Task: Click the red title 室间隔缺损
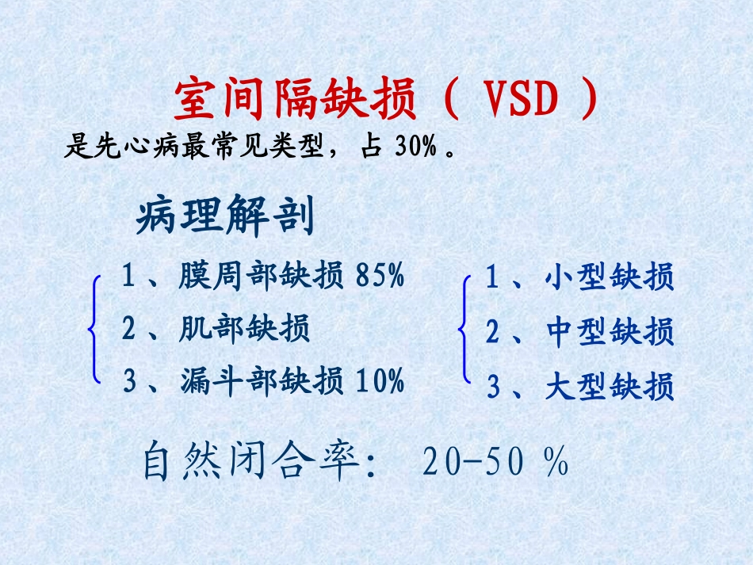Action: coord(295,101)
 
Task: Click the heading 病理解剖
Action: coord(225,216)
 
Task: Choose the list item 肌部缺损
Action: coord(244,328)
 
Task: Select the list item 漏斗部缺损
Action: coord(262,381)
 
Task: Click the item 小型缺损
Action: coord(610,278)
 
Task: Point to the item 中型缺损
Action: coord(610,332)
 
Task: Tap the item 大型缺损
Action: coord(610,387)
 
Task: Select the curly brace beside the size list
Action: coord(464,332)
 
